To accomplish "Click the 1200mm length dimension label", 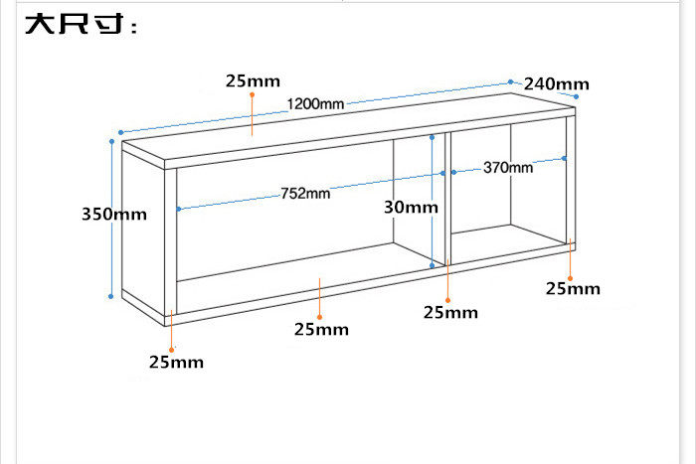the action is tap(315, 103).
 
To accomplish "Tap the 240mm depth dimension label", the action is tap(557, 83).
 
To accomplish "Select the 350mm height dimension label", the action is tap(114, 215).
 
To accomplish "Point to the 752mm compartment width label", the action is tap(305, 194).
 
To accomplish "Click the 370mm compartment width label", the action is tap(508, 168).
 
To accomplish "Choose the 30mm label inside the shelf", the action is tap(411, 207).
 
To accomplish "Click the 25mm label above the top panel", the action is tap(253, 81).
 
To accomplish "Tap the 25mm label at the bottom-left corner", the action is tap(177, 362).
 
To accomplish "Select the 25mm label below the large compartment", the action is tap(321, 330).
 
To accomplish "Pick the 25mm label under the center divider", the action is tap(450, 313).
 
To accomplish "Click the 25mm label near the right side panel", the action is tap(573, 289).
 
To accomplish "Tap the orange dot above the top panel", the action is tap(253, 94).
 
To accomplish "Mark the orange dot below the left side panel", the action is tap(171, 350).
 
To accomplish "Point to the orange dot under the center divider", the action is tap(447, 300).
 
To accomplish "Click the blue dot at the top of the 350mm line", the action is tap(111, 141).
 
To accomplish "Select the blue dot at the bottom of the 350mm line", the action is tap(111, 296).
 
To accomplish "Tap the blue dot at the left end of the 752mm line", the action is tap(178, 209).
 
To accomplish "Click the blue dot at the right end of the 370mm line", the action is tap(564, 158).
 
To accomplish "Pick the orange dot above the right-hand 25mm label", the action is tap(571, 278).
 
